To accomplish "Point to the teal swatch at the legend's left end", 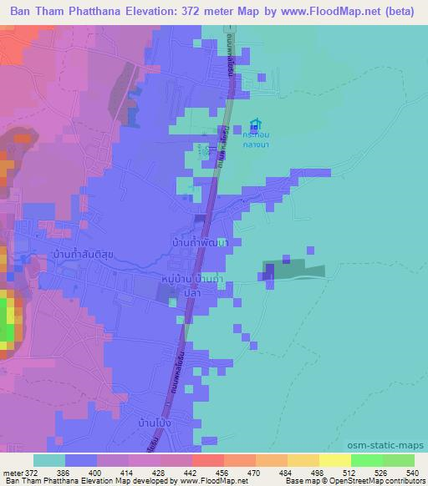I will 49,460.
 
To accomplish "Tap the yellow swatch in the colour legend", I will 335,460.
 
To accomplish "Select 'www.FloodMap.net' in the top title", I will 334,11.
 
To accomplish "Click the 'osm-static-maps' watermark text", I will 393,446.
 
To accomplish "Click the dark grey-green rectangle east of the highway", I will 292,271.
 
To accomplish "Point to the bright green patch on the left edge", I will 8,321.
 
